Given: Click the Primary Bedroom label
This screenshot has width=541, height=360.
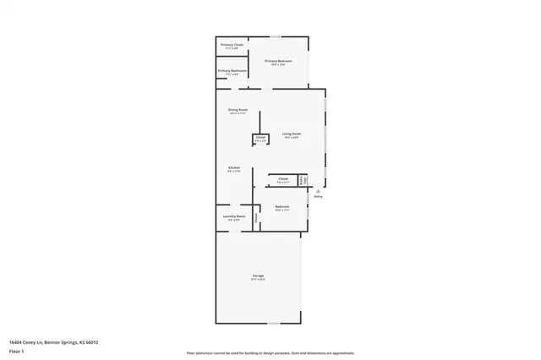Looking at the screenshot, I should (278, 61).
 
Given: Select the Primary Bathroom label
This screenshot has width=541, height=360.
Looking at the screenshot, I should (232, 71).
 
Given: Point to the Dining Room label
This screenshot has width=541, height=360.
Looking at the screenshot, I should (238, 111).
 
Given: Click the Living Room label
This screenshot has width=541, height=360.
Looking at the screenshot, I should (292, 134).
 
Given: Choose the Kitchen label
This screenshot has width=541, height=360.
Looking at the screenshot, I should (234, 168).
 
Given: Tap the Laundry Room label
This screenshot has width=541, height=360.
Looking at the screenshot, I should (234, 217).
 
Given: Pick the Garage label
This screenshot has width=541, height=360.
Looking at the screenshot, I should (258, 276).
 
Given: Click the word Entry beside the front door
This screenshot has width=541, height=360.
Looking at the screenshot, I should (319, 198).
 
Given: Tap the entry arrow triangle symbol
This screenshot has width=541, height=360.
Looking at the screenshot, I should (318, 191).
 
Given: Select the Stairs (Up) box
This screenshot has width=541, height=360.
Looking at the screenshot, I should (302, 180).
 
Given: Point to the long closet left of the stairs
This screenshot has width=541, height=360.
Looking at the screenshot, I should (282, 179).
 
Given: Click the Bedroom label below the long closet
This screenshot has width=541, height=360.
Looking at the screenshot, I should (282, 207).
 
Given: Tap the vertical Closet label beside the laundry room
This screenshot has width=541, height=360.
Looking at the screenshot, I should (256, 217).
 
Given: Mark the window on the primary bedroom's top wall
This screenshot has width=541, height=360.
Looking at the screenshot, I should (275, 36).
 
